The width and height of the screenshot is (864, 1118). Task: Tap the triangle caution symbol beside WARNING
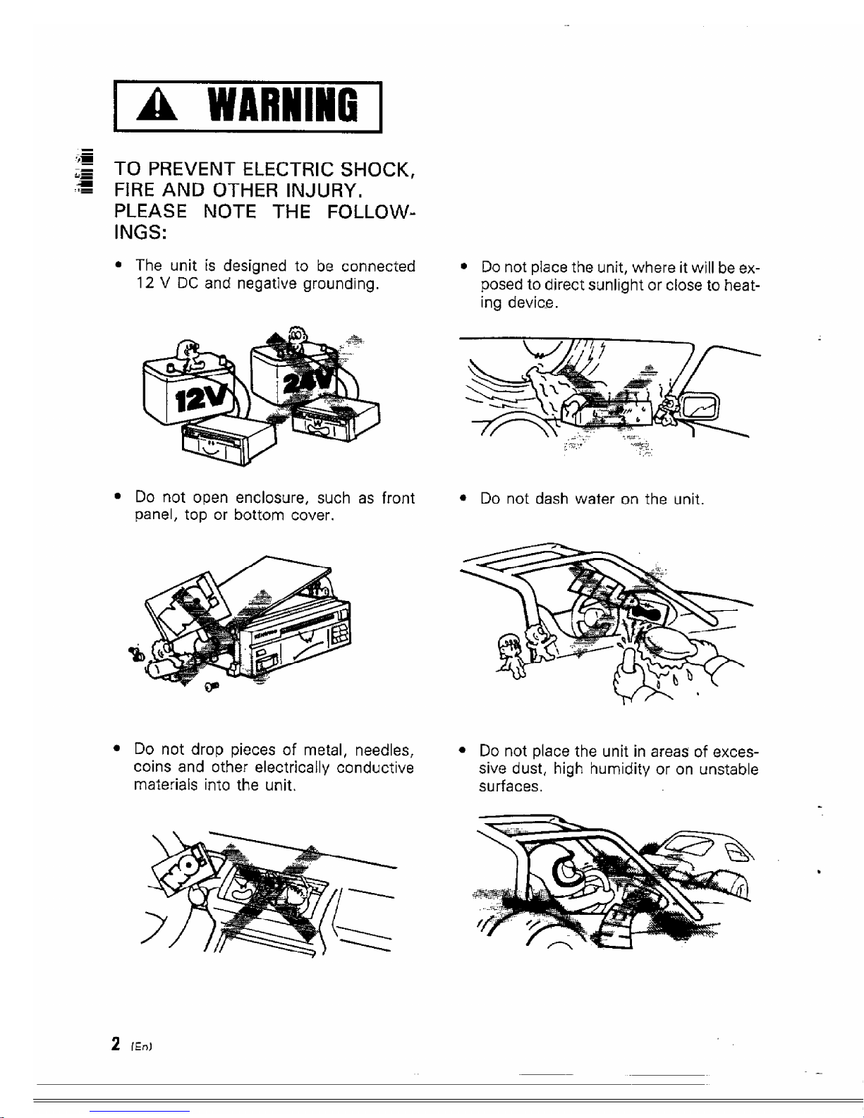tap(157, 107)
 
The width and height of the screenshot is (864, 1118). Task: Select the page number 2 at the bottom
tap(116, 1043)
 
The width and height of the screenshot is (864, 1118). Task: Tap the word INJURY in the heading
tap(324, 190)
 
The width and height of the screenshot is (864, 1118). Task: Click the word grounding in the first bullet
tap(341, 284)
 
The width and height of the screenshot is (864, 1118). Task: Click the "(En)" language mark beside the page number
tap(142, 1047)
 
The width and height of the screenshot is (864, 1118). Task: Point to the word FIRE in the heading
tap(135, 190)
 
